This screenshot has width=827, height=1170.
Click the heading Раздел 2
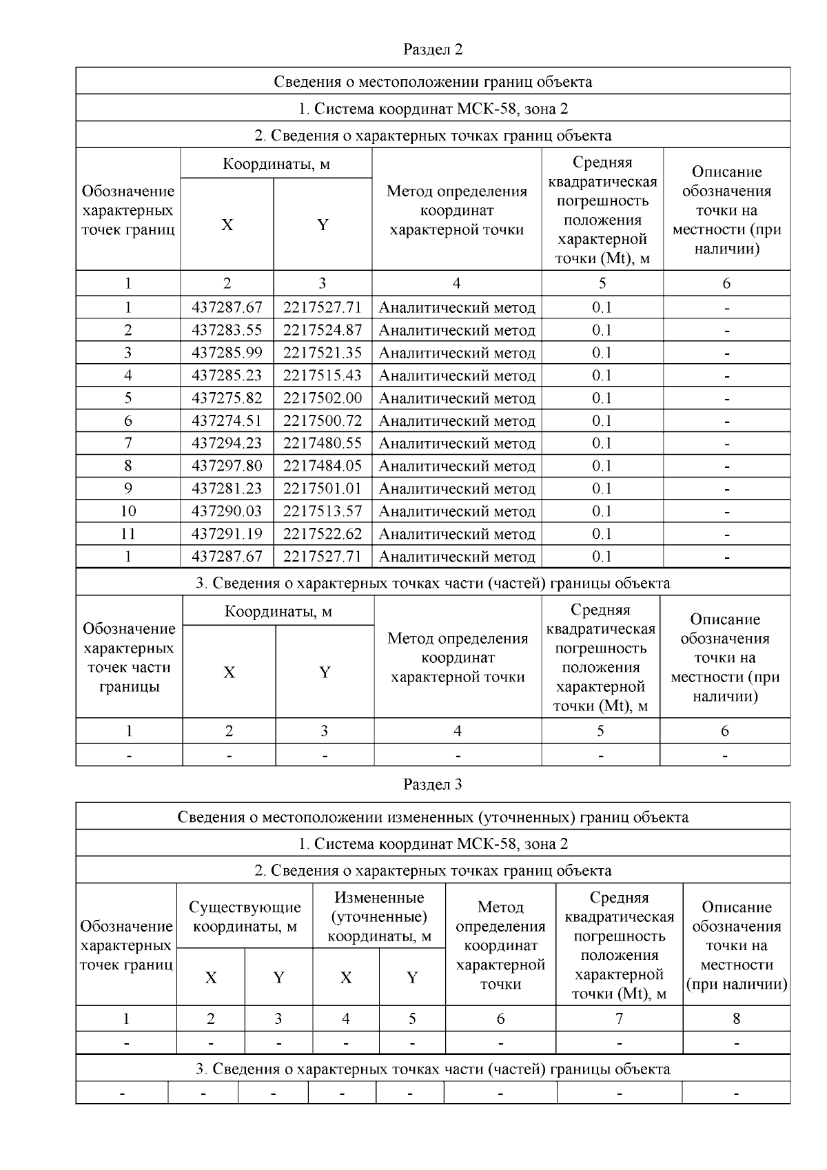point(432,50)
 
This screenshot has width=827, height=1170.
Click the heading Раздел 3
point(432,784)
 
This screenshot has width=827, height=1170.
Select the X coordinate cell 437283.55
point(227,330)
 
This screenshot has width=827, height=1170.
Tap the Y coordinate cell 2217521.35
point(322,353)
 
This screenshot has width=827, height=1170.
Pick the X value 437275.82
point(227,398)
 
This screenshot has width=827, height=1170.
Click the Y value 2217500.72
point(322,420)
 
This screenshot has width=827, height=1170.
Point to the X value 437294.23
point(227,443)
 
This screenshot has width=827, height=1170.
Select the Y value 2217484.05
point(322,466)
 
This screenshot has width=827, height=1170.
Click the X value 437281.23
point(227,489)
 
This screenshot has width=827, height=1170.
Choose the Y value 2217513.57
point(322,511)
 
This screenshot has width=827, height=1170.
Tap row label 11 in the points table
point(127,534)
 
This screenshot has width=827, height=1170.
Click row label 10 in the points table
point(127,511)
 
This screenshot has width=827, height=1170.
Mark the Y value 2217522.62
point(322,534)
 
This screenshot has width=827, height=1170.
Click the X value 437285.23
point(227,376)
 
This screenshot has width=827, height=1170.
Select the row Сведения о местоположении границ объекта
point(432,81)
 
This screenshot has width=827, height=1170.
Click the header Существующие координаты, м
point(245,916)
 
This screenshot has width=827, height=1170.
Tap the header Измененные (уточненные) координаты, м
point(379,916)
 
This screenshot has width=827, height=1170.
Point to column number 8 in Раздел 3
point(736,1018)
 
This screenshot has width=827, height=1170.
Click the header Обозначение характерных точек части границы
point(129,657)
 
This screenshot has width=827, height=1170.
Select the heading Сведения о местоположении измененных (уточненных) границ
point(432,817)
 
